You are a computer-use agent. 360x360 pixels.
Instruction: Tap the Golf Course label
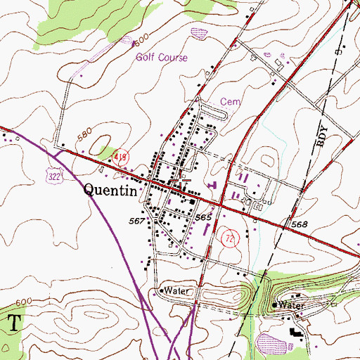point(162,58)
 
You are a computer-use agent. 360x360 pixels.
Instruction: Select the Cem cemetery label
point(231,101)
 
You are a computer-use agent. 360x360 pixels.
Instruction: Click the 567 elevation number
point(137,221)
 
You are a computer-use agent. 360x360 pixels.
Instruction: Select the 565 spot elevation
point(203,219)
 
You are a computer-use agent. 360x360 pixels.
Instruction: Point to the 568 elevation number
point(300,224)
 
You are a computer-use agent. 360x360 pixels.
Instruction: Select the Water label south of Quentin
point(173,290)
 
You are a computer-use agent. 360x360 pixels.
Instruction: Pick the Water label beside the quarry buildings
point(290,305)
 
